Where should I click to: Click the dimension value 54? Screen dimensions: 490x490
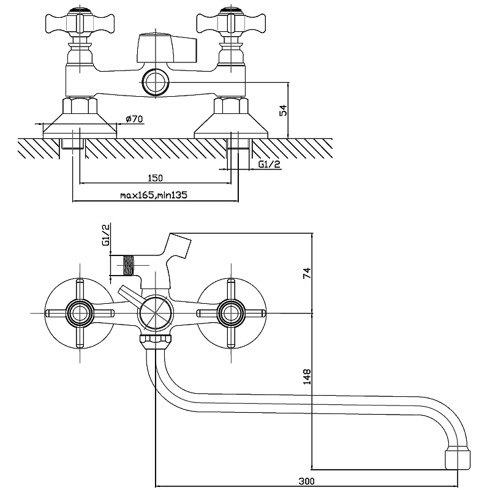[x=282, y=110]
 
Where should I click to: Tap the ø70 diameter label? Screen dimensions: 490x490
[x=134, y=119]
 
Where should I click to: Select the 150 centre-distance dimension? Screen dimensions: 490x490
[x=155, y=178]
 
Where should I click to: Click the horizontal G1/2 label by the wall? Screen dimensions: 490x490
[x=269, y=164]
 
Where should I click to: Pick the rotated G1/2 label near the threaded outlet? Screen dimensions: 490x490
[x=105, y=235]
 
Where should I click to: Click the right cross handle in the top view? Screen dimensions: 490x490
[x=230, y=24]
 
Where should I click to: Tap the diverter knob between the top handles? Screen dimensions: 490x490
[x=167, y=48]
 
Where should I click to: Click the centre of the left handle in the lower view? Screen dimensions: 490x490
[x=80, y=314]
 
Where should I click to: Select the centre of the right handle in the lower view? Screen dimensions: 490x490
[x=231, y=314]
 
